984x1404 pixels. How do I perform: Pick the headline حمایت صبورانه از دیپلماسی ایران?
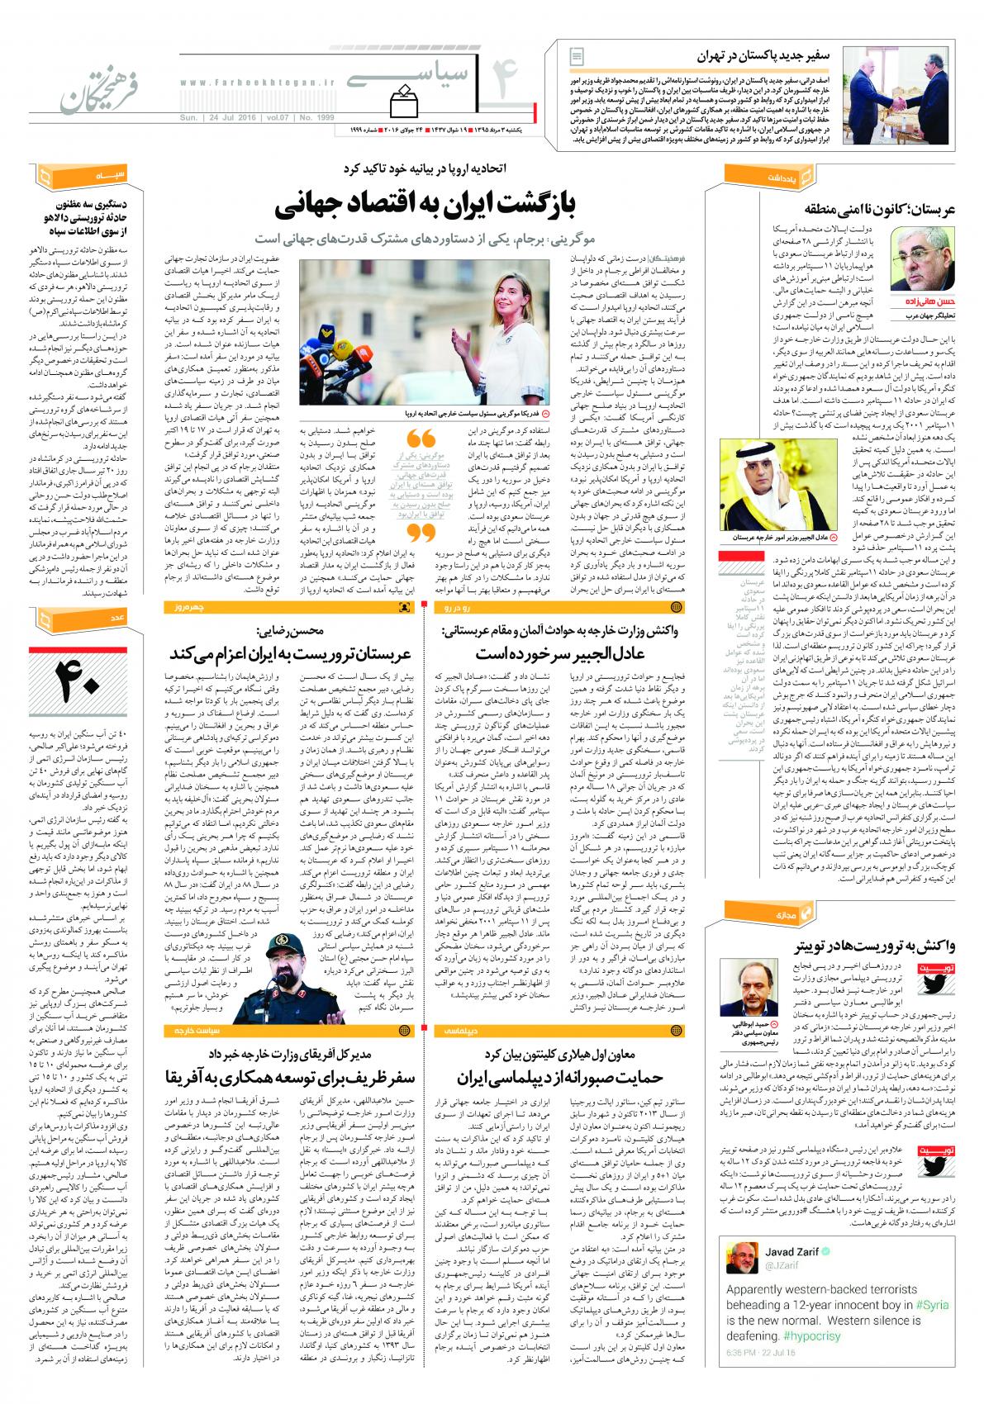point(570,1077)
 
